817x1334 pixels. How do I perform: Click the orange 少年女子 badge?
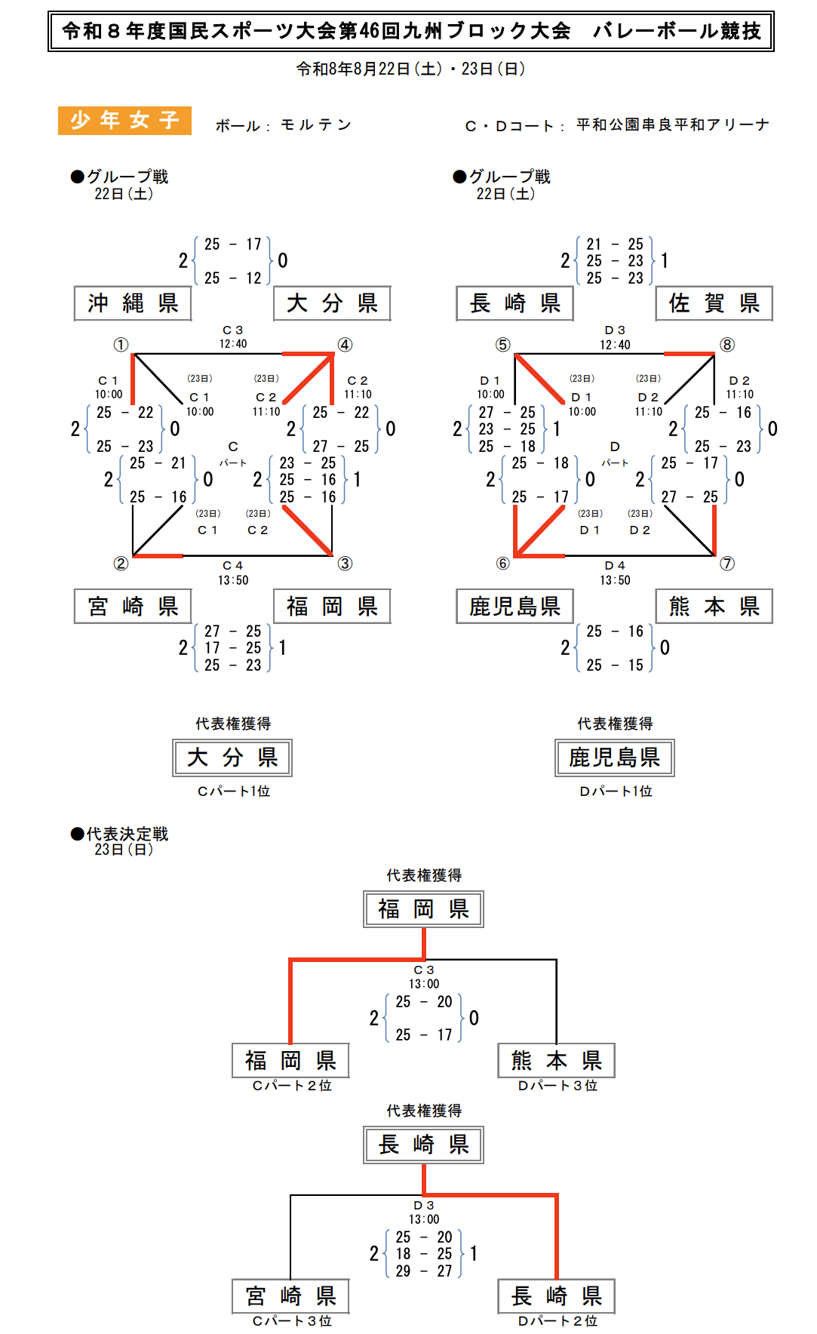[x=124, y=121]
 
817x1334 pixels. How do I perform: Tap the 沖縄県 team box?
[x=133, y=303]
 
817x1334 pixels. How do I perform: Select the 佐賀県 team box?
[x=714, y=303]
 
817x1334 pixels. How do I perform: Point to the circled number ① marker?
[x=121, y=345]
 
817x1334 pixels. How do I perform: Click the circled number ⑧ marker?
[x=727, y=345]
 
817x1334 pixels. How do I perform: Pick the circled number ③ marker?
[x=345, y=564]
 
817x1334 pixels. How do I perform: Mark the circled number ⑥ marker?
[x=503, y=564]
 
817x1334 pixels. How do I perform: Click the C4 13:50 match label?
[x=233, y=573]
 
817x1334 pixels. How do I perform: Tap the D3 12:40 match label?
[x=615, y=337]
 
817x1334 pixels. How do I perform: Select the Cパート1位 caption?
[x=234, y=791]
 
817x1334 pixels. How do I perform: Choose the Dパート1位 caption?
[x=616, y=791]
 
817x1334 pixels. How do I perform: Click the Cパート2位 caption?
[x=292, y=1085]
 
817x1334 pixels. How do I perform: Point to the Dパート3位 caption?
[x=557, y=1085]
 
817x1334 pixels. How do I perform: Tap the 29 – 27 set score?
[x=424, y=1271]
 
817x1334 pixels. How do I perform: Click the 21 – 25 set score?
[x=615, y=244]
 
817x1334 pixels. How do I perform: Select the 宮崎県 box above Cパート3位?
[x=290, y=1296]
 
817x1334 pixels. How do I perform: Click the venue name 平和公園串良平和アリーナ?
[x=673, y=124]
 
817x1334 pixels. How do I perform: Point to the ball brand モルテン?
[x=316, y=124]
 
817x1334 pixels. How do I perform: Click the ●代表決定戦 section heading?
[x=119, y=834]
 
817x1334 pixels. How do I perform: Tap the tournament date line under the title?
[x=410, y=69]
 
